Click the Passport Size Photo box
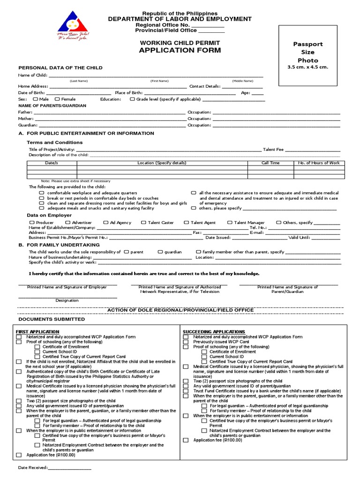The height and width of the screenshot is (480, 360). (x=307, y=55)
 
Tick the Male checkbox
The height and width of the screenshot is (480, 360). (x=36, y=99)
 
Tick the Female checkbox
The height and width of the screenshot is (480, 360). (x=57, y=99)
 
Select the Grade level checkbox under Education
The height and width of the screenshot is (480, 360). (x=132, y=99)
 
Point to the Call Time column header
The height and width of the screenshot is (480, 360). (x=270, y=163)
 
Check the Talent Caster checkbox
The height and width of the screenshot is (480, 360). (x=143, y=223)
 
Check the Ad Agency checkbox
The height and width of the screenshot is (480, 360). (x=106, y=223)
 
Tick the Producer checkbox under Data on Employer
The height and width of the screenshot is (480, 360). (x=31, y=223)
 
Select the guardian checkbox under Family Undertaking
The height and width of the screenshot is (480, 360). (x=160, y=252)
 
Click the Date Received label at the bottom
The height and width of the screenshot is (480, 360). (x=33, y=468)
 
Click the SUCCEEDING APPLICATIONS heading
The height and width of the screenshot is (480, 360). (x=214, y=331)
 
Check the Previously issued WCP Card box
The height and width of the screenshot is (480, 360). (x=186, y=342)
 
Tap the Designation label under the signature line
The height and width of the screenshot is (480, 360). (x=67, y=300)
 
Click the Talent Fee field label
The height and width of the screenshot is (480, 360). (x=273, y=149)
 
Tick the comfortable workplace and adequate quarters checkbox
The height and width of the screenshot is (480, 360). (x=42, y=193)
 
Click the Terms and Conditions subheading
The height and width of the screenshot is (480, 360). (x=54, y=142)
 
